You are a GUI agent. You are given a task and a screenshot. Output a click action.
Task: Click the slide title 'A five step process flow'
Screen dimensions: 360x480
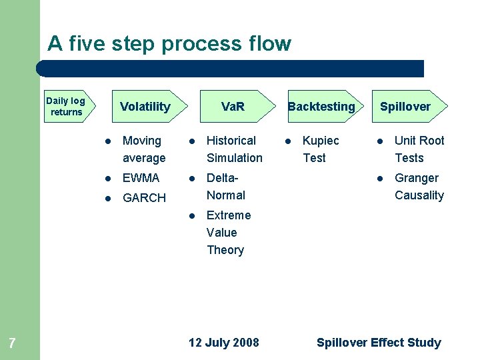pos(169,44)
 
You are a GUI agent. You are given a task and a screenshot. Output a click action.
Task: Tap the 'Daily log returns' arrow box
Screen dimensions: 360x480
pos(67,107)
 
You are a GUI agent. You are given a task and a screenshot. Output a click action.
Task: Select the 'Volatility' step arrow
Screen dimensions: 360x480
pos(145,107)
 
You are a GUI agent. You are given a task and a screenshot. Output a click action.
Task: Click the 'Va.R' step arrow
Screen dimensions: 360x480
pos(233,107)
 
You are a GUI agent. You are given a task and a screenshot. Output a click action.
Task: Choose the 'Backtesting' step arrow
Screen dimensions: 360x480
pos(321,107)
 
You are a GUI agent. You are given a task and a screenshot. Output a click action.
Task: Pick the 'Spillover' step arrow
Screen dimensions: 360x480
pos(405,107)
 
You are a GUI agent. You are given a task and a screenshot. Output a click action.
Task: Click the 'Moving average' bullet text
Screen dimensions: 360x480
pos(144,149)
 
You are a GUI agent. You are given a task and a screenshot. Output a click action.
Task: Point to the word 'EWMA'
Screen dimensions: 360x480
pos(141,178)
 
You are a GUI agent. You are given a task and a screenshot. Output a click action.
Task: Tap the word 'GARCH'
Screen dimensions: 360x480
pos(144,198)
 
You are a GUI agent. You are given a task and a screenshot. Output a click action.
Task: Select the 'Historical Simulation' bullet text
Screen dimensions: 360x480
pos(235,149)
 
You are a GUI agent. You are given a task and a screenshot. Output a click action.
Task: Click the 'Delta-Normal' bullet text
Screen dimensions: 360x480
pos(226,187)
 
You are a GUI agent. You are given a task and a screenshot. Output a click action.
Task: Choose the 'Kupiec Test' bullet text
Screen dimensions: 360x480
pos(321,149)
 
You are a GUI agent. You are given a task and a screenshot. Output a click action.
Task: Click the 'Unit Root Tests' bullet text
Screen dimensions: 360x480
pos(419,149)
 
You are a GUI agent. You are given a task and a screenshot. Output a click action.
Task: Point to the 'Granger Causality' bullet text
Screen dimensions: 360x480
pos(419,187)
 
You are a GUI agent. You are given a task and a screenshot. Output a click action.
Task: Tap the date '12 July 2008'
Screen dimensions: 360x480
pos(224,343)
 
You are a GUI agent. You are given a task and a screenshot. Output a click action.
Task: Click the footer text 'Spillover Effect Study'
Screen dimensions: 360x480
pos(379,343)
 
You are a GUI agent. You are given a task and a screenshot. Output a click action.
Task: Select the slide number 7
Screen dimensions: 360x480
pos(12,344)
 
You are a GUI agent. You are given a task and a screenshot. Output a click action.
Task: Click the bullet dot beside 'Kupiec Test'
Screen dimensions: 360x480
pos(288,141)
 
